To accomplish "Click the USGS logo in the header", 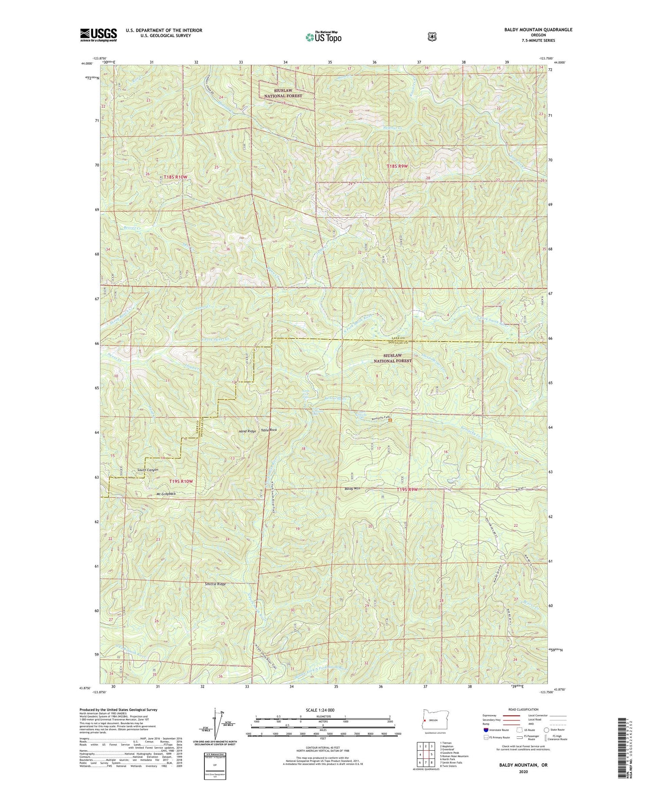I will coord(98,34).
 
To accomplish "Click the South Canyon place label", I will coord(148,470).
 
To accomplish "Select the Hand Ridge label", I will coord(247,431).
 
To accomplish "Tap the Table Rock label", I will coord(269,430).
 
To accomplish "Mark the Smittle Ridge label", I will coord(215,584).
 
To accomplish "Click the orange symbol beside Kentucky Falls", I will coord(390,420).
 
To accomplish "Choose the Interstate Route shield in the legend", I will coord(486,730).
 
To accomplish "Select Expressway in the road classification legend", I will coord(490,715).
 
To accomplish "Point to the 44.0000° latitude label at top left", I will coord(86,63).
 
